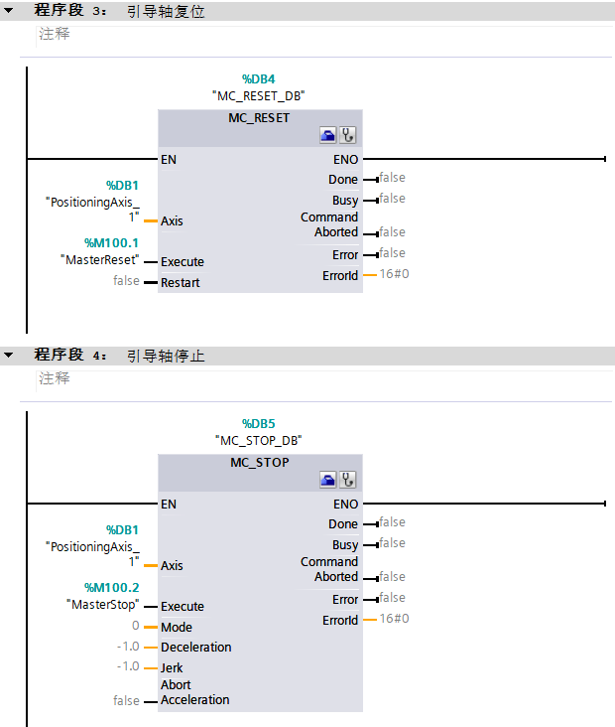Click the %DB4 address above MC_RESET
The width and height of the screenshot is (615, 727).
coord(258,78)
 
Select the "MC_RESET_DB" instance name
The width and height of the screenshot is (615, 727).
coord(258,96)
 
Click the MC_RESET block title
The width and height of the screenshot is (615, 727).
coord(259,117)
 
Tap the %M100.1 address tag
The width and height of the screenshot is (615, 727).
coord(111,242)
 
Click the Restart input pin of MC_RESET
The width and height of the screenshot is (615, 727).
coord(180,283)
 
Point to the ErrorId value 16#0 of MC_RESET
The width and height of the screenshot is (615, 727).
coord(394,274)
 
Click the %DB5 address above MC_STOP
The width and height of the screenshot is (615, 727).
coord(258,423)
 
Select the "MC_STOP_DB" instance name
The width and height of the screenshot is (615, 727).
coord(258,440)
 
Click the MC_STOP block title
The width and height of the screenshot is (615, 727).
coord(259,462)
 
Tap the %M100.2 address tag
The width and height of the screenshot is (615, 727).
coord(111,587)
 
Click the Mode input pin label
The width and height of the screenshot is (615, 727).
coord(177,627)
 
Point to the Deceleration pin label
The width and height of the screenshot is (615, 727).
coord(195,647)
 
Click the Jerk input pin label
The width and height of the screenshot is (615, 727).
coord(172,667)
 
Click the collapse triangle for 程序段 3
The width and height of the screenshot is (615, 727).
coord(9,11)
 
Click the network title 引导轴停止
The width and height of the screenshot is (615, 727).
coord(166,356)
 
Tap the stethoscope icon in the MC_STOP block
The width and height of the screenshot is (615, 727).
coord(347,480)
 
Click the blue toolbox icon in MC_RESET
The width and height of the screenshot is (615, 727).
coord(327,135)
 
